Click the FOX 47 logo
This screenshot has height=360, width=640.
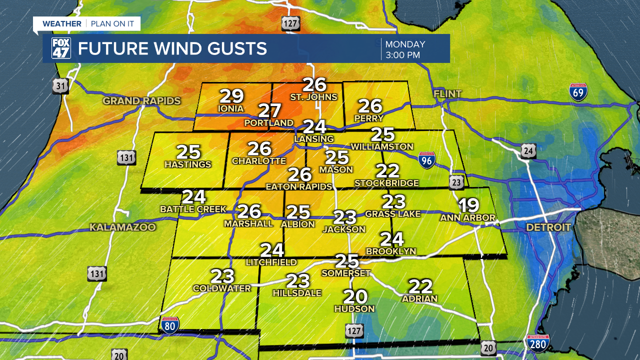61,48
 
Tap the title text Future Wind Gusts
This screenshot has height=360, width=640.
172,48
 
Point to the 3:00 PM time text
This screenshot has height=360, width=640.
402,55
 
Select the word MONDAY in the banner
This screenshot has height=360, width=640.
405,44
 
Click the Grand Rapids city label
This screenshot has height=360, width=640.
141,101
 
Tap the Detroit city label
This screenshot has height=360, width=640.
548,227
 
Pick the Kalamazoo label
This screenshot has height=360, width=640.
122,227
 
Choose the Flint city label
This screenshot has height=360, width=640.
447,94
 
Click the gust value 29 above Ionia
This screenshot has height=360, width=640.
231,96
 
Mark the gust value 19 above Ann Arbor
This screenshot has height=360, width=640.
468,205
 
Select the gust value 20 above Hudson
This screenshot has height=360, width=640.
355,297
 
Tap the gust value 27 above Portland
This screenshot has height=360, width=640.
270,110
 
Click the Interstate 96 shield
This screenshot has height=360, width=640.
426,160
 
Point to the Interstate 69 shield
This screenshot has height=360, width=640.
578,92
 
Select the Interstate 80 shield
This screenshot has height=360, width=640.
170,325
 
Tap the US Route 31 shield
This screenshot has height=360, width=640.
60,86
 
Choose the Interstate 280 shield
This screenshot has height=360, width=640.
538,343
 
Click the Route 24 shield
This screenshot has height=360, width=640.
528,150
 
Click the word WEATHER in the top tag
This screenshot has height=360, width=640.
61,24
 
